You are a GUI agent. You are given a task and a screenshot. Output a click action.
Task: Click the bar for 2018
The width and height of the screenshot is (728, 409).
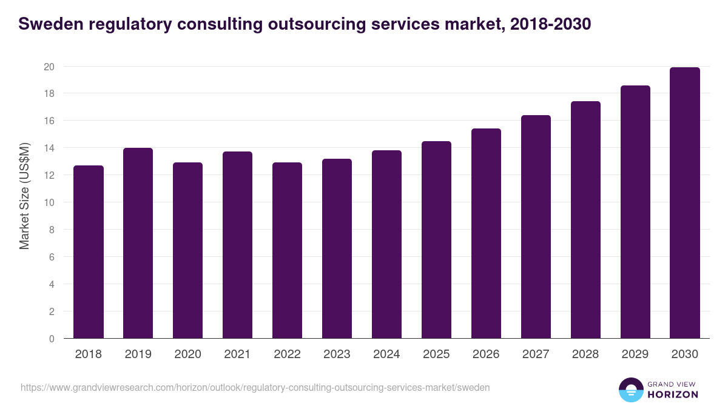pyautogui.click(x=89, y=252)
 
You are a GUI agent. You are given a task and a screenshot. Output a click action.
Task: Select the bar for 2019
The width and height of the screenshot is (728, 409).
pyautogui.click(x=138, y=243)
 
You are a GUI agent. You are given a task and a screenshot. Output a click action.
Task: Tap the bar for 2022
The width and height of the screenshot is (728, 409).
pyautogui.click(x=288, y=250)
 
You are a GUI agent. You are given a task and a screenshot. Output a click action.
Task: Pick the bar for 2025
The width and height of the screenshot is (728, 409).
pyautogui.click(x=437, y=240)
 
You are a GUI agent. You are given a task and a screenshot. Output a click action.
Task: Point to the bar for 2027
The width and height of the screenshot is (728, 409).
pyautogui.click(x=536, y=227)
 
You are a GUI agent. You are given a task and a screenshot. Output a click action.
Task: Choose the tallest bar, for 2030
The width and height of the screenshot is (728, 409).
pyautogui.click(x=686, y=203)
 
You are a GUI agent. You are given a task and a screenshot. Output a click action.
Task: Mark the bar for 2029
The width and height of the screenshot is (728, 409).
pyautogui.click(x=636, y=212)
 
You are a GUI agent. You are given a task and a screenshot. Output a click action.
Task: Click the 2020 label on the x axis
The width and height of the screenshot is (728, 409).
pyautogui.click(x=188, y=354)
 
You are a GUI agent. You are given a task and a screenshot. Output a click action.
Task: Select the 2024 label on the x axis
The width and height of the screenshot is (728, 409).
pyautogui.click(x=387, y=354)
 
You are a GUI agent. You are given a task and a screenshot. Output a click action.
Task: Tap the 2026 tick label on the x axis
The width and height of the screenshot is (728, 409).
pyautogui.click(x=487, y=354)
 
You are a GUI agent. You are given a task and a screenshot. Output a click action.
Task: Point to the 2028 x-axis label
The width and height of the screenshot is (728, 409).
pyautogui.click(x=586, y=354)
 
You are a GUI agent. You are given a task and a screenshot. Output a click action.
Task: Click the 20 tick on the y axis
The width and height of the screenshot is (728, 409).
pyautogui.click(x=49, y=67)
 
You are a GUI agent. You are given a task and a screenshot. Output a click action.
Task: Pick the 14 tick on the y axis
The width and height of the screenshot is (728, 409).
pyautogui.click(x=49, y=148)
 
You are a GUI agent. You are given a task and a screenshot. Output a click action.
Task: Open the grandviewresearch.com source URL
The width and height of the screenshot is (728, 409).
pyautogui.click(x=255, y=387)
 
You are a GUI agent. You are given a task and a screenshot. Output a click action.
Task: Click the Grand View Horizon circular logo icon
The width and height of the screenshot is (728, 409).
pyautogui.click(x=631, y=390)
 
